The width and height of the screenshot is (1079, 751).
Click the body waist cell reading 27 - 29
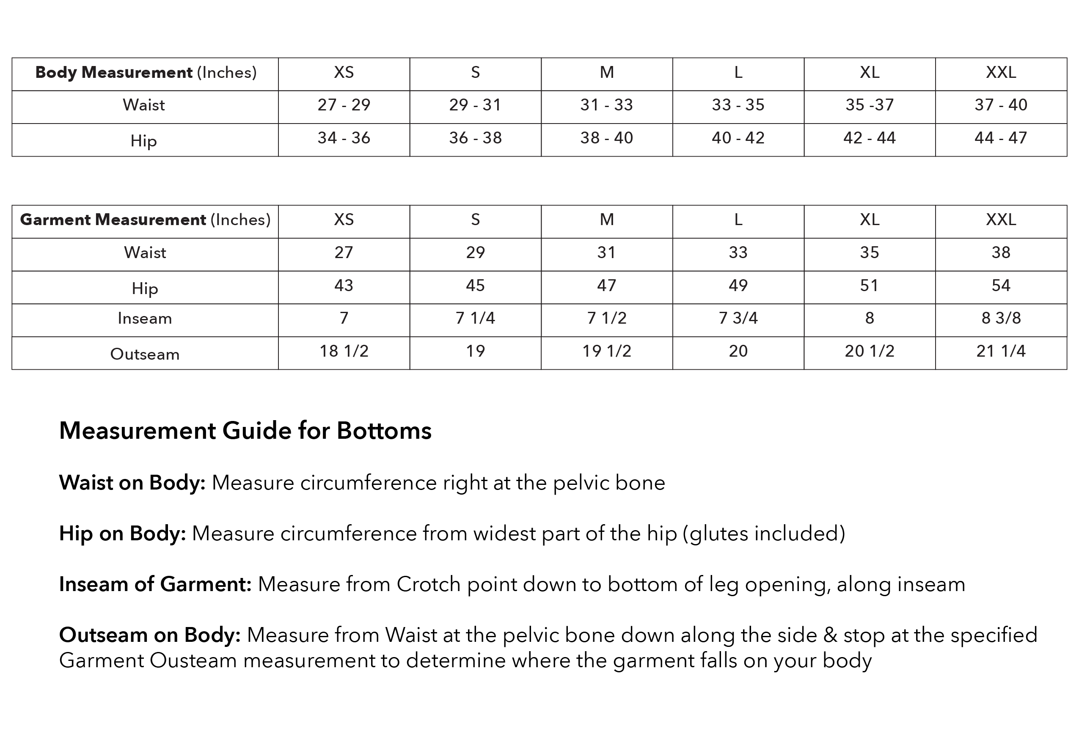344,105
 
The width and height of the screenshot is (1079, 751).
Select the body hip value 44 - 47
1001,138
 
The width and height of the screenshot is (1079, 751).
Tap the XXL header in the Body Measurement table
1001,72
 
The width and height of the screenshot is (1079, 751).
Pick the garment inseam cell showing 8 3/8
1001,318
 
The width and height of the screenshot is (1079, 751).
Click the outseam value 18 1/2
344,351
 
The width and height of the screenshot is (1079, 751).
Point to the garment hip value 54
1001,285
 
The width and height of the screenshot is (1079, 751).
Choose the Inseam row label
145,319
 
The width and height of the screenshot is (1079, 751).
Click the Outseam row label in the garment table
145,354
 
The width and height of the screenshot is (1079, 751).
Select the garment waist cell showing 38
1001,252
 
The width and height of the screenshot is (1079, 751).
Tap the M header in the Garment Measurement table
606,220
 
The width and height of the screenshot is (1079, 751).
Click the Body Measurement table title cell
146,72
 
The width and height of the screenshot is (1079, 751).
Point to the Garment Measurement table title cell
145,220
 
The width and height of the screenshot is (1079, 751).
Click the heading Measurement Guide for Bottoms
245,430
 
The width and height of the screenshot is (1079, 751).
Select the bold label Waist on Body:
132,483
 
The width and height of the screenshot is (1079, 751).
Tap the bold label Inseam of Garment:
155,584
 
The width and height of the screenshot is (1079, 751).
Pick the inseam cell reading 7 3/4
738,318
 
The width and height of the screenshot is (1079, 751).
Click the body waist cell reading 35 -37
870,105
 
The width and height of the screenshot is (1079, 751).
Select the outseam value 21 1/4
1001,351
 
